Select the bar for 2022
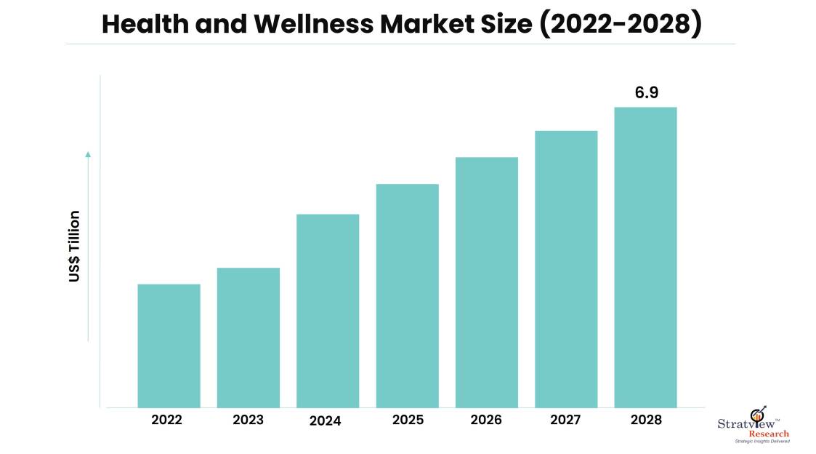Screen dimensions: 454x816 169,346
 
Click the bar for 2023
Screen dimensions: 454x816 249,338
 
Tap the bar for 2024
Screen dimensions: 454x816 328,311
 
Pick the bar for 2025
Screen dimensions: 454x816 407,295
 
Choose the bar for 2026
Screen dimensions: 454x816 487,282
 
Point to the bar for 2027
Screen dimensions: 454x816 566,269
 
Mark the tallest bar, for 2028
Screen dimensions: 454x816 645,257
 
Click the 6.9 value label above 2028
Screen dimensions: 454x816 646,92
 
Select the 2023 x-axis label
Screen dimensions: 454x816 249,420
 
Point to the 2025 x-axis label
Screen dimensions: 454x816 407,420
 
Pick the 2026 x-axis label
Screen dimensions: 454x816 487,420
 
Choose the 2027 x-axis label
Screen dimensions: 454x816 566,420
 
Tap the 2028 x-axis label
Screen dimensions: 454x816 645,420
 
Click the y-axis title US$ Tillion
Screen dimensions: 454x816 75,246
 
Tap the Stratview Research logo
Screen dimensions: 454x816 752,426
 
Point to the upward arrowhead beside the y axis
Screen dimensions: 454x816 89,154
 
